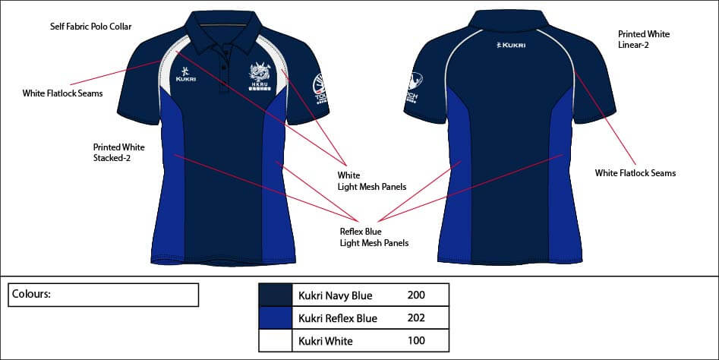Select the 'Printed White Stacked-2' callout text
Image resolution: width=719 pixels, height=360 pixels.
[118, 153]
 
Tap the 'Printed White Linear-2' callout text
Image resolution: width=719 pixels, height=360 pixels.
[643, 39]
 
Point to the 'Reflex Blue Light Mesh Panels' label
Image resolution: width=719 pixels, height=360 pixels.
[374, 237]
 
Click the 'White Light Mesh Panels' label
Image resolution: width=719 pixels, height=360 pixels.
[372, 181]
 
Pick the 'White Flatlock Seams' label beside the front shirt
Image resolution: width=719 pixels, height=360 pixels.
[63, 93]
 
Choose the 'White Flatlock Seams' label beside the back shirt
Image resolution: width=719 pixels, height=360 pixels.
[635, 173]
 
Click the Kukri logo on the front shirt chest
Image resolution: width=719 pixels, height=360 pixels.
[185, 74]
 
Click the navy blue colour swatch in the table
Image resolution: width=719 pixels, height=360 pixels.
[276, 295]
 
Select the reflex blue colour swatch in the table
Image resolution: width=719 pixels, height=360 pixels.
[276, 317]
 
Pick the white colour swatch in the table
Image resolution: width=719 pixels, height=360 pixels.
[276, 340]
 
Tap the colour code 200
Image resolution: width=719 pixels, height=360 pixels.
[417, 295]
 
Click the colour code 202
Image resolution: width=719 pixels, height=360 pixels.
[417, 317]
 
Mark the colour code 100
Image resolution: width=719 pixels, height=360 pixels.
[417, 341]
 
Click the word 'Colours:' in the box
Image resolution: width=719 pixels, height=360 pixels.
[31, 294]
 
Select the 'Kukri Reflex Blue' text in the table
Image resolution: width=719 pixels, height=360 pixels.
[338, 317]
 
